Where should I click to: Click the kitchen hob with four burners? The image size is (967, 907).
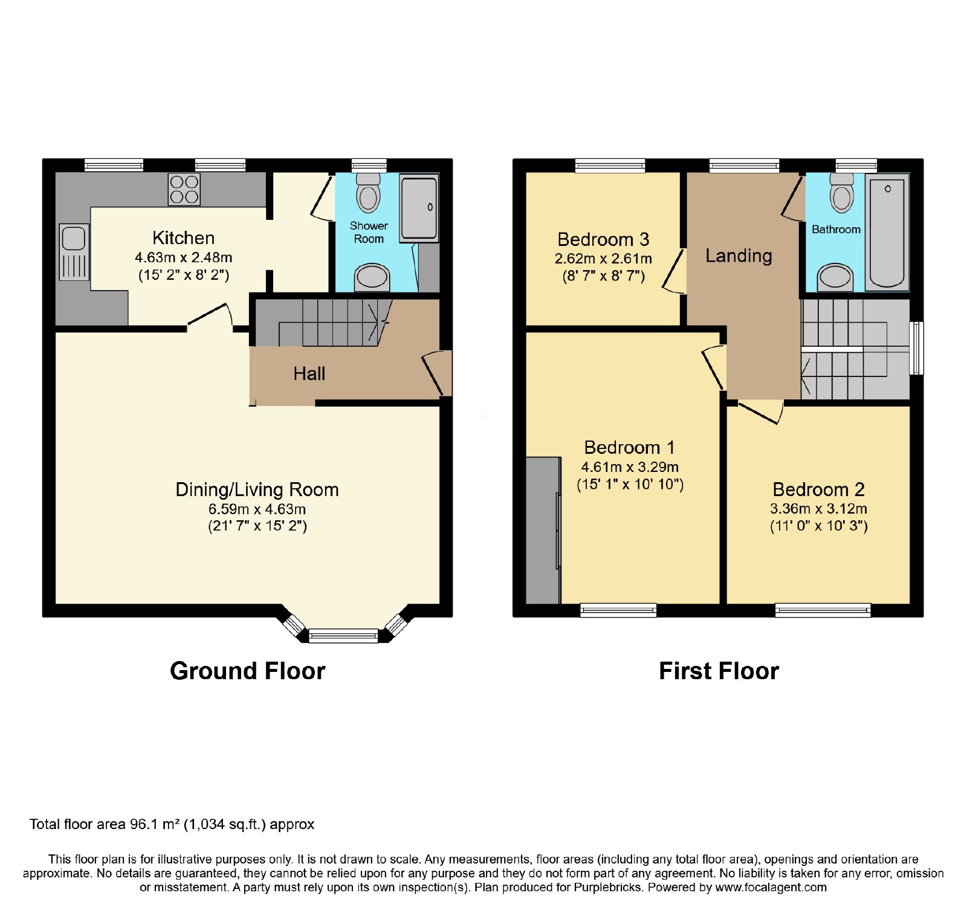tap(184, 189)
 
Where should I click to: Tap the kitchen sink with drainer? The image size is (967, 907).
tap(74, 252)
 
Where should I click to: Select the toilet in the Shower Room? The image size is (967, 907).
tap(368, 192)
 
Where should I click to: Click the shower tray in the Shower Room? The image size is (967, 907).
tap(419, 208)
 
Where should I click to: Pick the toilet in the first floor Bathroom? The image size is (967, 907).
tap(841, 192)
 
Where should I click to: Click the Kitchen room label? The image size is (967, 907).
tap(183, 237)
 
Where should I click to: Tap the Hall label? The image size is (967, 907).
tap(309, 373)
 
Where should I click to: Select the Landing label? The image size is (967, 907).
tap(739, 256)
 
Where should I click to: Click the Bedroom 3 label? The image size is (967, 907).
tap(603, 239)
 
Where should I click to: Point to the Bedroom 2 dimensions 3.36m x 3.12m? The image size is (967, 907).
tap(818, 509)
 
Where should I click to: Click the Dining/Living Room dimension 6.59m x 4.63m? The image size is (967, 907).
tap(257, 509)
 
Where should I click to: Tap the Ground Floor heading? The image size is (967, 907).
tap(248, 671)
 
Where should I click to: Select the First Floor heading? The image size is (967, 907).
tap(719, 671)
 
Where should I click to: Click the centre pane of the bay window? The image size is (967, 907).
tap(343, 635)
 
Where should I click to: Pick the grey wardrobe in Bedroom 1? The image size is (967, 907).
tap(543, 530)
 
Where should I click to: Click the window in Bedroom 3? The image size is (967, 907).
tap(610, 166)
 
